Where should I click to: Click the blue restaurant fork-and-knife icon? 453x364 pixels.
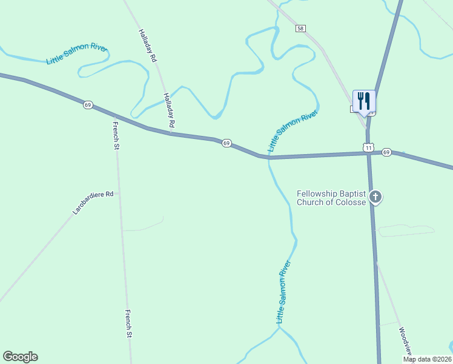364,101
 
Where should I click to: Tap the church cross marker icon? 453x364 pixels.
375,197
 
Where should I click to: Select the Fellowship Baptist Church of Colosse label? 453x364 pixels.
331,198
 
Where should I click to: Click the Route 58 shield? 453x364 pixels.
301,29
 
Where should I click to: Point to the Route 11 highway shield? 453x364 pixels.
368,147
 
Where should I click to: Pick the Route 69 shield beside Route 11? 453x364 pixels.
387,152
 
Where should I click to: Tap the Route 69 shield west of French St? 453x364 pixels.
88,105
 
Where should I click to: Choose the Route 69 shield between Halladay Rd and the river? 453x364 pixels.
226,143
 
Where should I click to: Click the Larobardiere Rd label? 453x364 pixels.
93,203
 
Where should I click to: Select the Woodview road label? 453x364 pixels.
405,342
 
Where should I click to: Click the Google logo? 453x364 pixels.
20,357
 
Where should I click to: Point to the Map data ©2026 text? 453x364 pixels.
428,359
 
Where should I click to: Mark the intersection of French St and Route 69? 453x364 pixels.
115,116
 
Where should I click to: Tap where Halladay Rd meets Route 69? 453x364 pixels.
171,133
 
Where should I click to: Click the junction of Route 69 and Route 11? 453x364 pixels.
369,153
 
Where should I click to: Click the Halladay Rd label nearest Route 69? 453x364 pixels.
169,110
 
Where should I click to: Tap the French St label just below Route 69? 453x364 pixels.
116,135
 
